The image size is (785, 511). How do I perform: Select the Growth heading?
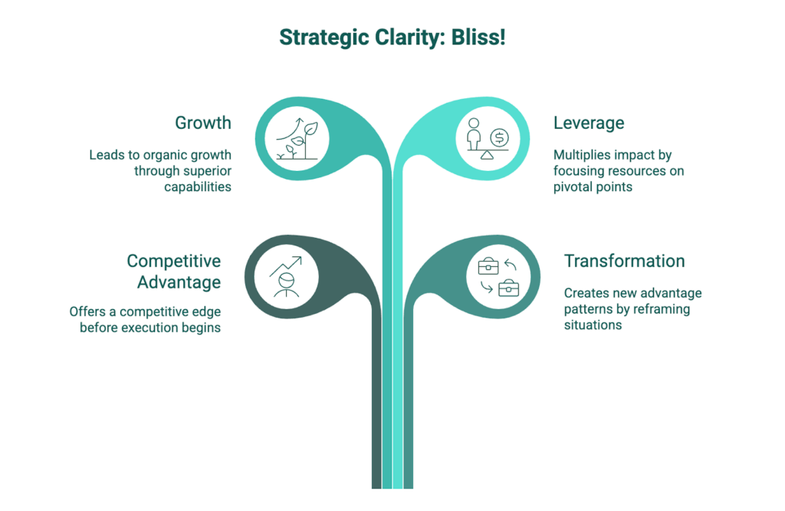click(x=203, y=123)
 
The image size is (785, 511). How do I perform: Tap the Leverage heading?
click(x=589, y=123)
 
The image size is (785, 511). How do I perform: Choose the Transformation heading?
click(x=624, y=261)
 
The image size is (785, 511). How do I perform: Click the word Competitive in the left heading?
click(x=174, y=261)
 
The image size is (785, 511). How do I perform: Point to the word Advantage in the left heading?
click(x=179, y=282)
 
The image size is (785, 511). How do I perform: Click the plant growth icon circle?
click(x=296, y=139)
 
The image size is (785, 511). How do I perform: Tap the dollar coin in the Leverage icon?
click(x=500, y=138)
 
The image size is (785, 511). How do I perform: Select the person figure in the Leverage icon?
click(x=475, y=137)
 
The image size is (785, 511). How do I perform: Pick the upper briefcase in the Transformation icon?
click(x=488, y=266)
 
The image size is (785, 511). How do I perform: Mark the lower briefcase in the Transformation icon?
click(x=508, y=288)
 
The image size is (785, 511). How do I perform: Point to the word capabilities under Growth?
click(x=197, y=186)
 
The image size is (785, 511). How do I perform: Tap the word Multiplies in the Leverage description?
click(x=581, y=155)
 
